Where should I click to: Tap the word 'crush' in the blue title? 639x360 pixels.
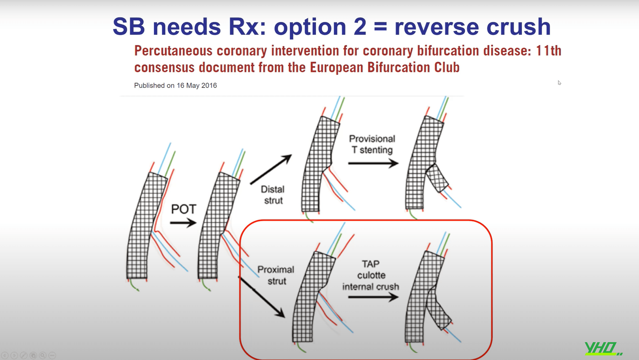519,26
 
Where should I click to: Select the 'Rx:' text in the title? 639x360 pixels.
247,26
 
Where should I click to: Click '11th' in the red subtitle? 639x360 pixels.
549,51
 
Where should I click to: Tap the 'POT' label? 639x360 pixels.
184,209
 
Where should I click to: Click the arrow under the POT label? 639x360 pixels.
183,222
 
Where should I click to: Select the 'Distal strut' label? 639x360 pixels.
273,195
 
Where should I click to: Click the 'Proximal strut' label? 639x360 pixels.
276,275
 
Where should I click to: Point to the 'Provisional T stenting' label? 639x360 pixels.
372,144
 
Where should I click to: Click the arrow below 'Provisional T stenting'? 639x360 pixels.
373,163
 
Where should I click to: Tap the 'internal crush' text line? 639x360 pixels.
371,287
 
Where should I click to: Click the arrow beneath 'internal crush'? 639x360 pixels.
373,297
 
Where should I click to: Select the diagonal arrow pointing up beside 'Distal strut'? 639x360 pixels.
271,169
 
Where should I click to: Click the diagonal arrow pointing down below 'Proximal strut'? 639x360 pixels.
261,297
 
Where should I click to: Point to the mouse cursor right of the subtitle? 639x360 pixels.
559,83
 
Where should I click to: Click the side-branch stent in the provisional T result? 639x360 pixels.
437,179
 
